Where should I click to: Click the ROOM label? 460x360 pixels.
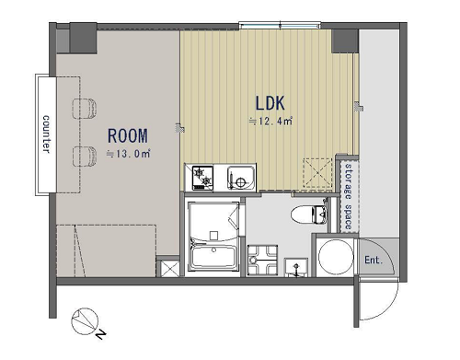coord(128,136)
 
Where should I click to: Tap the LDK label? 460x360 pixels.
coord(270,103)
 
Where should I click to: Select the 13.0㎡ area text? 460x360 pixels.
coord(129,154)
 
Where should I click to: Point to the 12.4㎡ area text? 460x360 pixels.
coord(270,121)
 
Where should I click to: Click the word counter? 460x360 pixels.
coord(46,134)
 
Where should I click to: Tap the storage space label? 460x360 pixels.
coord(349,196)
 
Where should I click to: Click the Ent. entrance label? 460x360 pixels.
coord(374,261)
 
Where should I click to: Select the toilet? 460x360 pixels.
coord(309,214)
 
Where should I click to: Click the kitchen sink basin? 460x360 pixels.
coord(241,178)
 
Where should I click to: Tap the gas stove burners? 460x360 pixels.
coord(202,178)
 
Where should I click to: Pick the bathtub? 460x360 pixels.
coord(213,258)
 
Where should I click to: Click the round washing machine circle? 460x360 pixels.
coord(336,257)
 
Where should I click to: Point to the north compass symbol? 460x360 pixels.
coord(85,321)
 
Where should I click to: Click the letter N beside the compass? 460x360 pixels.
coord(100,334)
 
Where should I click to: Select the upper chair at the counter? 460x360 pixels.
coord(85,108)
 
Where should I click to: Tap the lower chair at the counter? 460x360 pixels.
coord(85,157)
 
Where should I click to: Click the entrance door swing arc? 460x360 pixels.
coord(387,308)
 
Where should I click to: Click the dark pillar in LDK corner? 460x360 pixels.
coord(345,41)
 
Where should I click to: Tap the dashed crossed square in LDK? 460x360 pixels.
coord(317,172)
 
